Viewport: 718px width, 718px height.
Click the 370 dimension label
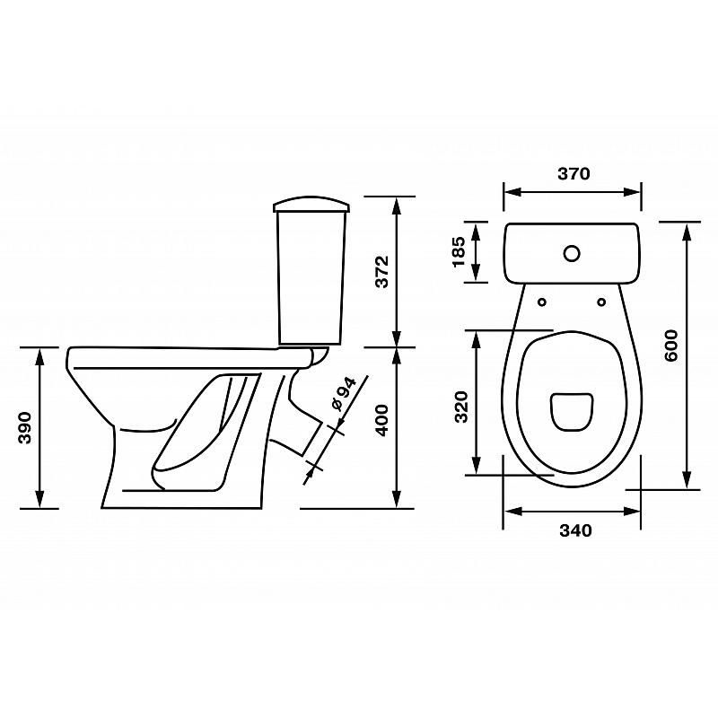tap(574, 174)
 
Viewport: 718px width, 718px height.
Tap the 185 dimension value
tap(459, 251)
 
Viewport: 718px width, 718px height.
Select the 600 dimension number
tap(670, 346)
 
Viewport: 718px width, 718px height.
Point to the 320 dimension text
tap(462, 407)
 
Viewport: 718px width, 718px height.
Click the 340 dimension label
tap(575, 530)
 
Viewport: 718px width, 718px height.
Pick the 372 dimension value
tap(381, 272)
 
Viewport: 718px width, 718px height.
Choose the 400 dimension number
tap(381, 420)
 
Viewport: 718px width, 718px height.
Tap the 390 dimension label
tap(24, 428)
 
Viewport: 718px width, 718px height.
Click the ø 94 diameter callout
tap(344, 394)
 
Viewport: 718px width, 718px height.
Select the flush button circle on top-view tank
tap(572, 253)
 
